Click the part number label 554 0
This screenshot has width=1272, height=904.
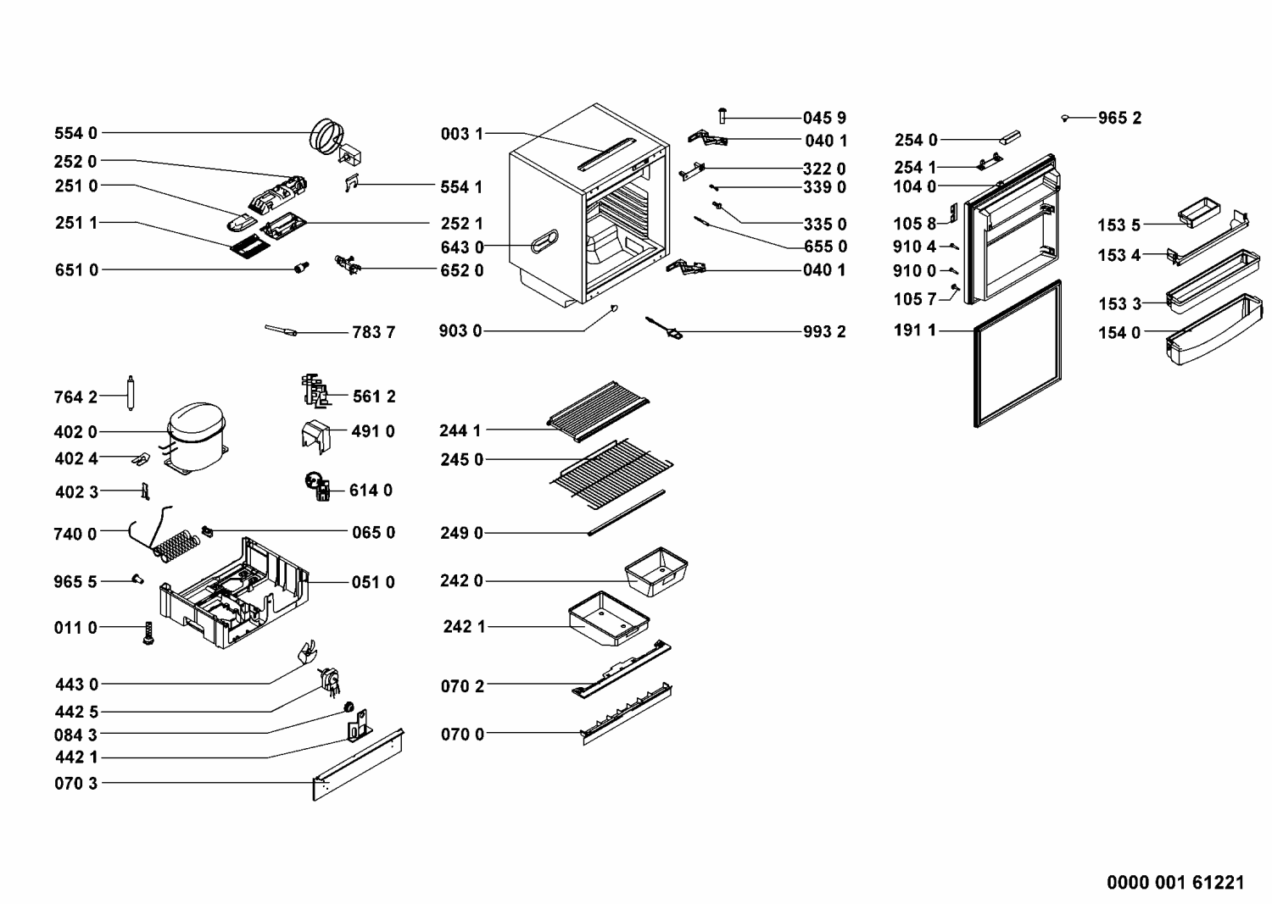pyautogui.click(x=75, y=133)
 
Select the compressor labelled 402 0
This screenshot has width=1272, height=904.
pyautogui.click(x=197, y=435)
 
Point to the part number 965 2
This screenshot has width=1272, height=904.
pyautogui.click(x=1119, y=119)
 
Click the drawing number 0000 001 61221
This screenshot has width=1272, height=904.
pyautogui.click(x=1175, y=883)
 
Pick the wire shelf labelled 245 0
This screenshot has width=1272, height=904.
pyautogui.click(x=611, y=474)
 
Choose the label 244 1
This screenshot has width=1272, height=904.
pyautogui.click(x=460, y=430)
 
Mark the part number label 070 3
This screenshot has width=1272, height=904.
pyautogui.click(x=76, y=784)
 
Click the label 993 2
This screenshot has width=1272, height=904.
pyautogui.click(x=824, y=331)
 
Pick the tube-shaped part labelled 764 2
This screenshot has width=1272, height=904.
pyautogui.click(x=131, y=394)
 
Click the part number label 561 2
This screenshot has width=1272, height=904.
pyautogui.click(x=374, y=397)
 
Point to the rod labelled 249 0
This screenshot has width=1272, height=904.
pyautogui.click(x=626, y=513)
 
